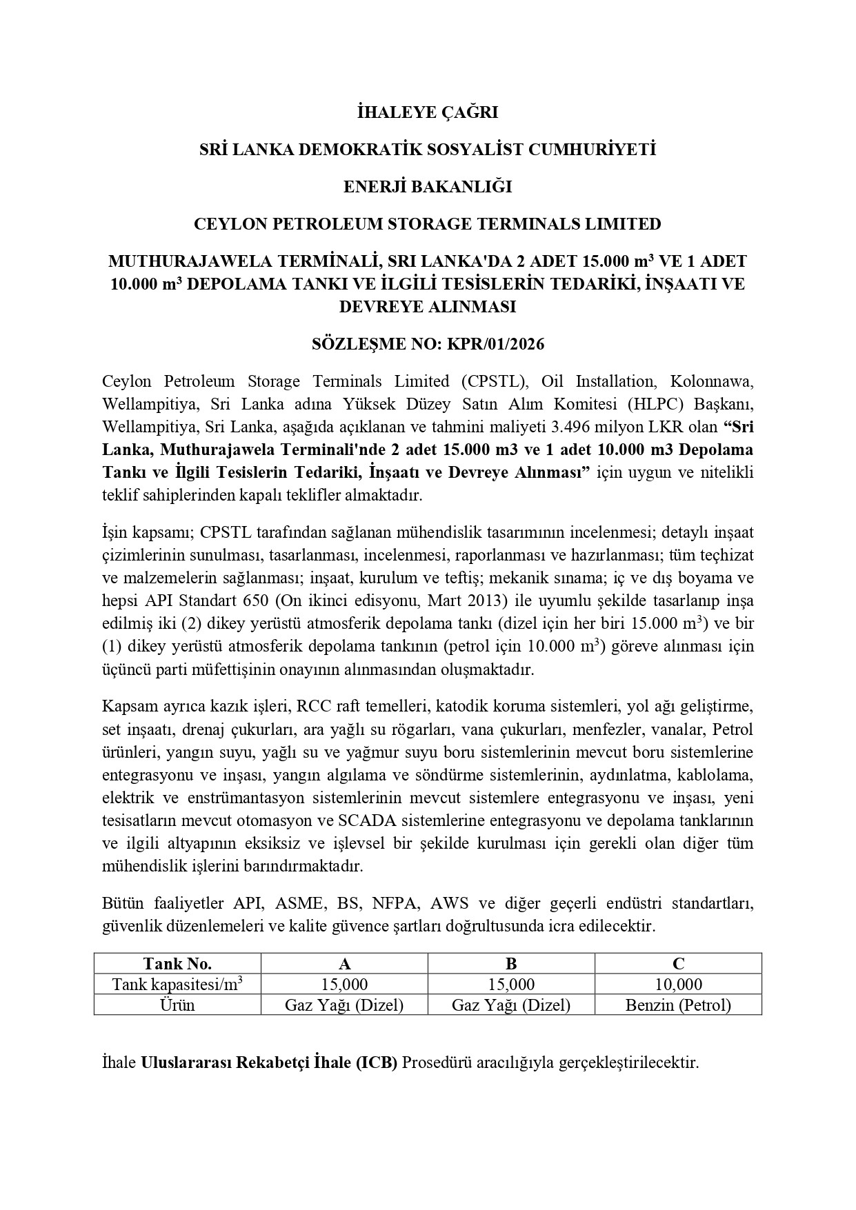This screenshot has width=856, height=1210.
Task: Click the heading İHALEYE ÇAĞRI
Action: pyautogui.click(x=428, y=112)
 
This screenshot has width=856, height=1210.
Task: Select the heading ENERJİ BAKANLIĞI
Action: pyautogui.click(x=428, y=187)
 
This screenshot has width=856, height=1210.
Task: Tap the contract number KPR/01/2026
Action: pyautogui.click(x=496, y=343)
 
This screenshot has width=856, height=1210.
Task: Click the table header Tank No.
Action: pyautogui.click(x=177, y=963)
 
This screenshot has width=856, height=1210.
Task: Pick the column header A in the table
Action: pyautogui.click(x=344, y=963)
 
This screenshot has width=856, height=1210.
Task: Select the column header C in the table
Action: pyautogui.click(x=678, y=963)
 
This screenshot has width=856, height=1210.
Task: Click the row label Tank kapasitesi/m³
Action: pyautogui.click(x=177, y=984)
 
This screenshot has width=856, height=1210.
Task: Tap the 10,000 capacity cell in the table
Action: pyautogui.click(x=678, y=984)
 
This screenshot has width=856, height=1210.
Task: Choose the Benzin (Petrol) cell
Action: pyautogui.click(x=678, y=1005)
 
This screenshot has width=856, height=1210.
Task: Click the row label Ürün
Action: pyautogui.click(x=177, y=1005)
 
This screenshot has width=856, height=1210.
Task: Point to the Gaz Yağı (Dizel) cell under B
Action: pyautogui.click(x=511, y=1005)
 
